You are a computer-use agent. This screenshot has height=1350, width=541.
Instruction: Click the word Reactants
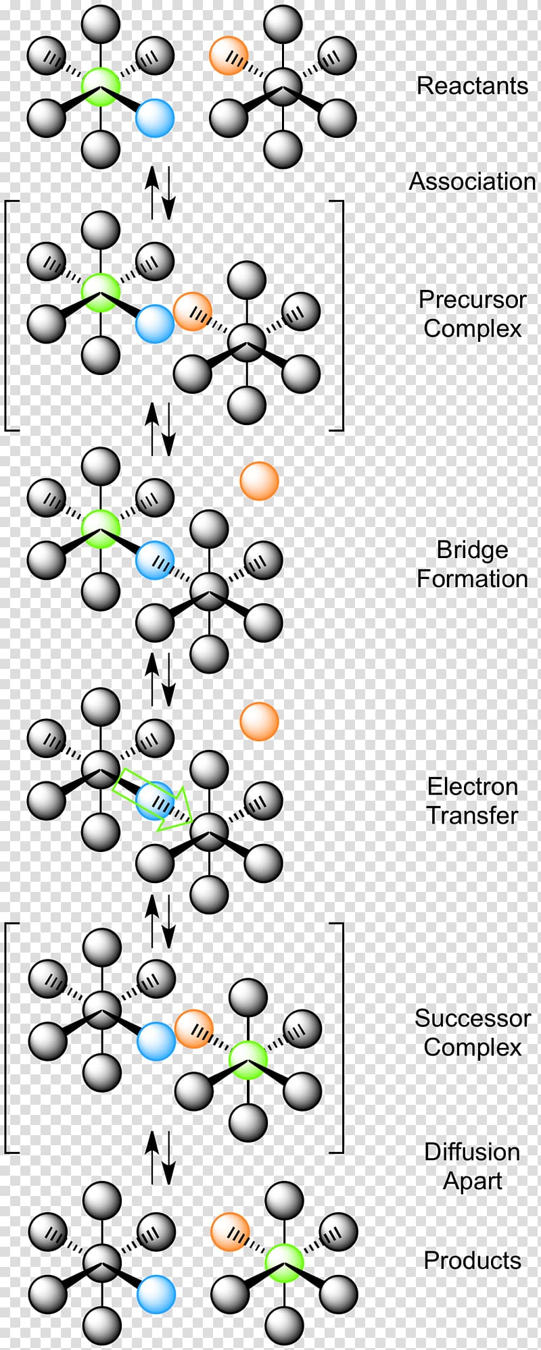pos(472,86)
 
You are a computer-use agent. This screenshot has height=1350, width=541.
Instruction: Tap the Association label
pos(472,181)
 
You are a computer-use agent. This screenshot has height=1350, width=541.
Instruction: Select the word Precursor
pos(472,299)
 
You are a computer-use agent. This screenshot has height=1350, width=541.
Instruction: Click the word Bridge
pos(472,549)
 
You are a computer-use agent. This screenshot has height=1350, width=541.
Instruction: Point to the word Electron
pos(472,786)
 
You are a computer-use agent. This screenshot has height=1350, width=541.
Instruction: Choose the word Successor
pos(472,1018)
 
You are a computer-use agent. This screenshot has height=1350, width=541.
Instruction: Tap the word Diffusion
pos(472,1151)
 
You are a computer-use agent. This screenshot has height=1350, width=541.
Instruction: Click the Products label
pos(472,1260)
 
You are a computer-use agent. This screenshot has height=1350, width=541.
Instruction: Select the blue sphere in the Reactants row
pos(155,118)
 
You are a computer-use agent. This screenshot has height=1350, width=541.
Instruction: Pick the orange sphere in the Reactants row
pos(229,55)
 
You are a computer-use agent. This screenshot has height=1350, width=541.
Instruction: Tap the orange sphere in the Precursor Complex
pos(193,311)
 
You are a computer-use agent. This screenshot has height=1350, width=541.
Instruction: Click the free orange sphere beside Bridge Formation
pos(259,481)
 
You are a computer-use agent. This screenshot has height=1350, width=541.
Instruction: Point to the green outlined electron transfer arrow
pos(153,799)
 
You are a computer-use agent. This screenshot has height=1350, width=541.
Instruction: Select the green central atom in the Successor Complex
pos(248,1059)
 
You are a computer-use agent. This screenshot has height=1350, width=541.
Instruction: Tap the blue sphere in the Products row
pos(156,1295)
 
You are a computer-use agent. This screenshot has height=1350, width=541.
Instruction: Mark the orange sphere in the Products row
pos(230,1232)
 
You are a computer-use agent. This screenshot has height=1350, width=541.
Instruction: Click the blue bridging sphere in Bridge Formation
pos(155,560)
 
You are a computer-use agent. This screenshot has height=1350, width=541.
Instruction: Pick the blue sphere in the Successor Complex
pos(156,1041)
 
